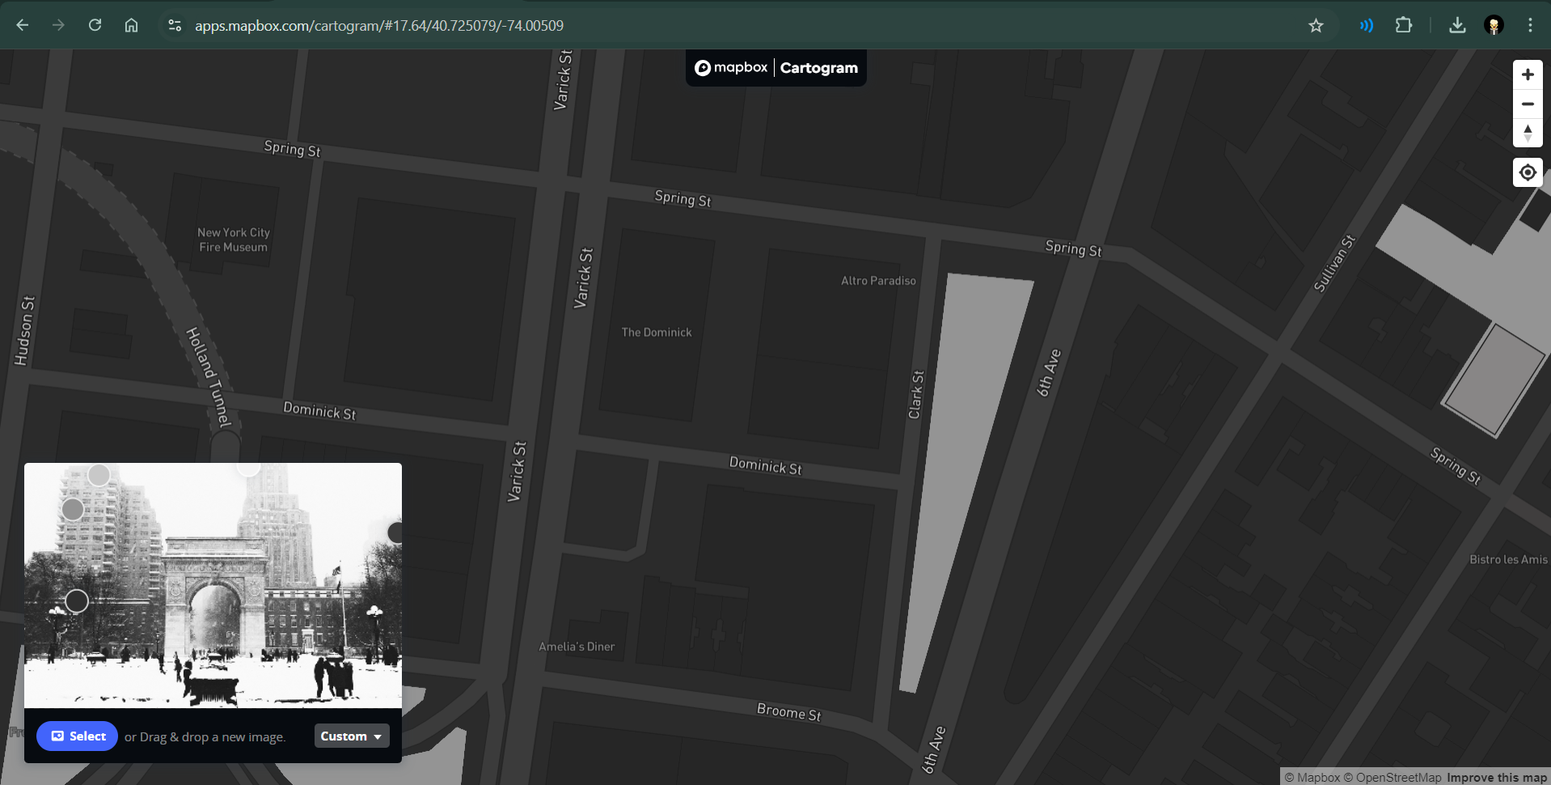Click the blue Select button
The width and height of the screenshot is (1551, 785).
77,736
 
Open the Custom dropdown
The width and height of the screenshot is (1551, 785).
351,736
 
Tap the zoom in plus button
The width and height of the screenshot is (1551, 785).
1527,75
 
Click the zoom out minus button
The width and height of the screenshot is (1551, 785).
1527,104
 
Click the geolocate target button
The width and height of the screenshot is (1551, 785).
1527,172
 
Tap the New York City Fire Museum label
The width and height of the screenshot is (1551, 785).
234,240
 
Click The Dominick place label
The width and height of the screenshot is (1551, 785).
656,333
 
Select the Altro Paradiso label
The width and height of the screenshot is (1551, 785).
878,281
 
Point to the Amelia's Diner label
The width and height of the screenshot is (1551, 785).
577,647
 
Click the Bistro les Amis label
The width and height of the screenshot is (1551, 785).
1508,559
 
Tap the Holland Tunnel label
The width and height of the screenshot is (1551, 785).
209,376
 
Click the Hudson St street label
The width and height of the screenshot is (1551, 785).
25,330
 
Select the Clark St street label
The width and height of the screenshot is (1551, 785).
915,395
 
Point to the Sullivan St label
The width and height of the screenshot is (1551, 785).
1333,263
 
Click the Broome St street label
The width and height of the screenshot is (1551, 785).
788,711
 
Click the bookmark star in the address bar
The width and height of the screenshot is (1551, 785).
1316,26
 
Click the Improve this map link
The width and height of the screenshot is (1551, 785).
1496,778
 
